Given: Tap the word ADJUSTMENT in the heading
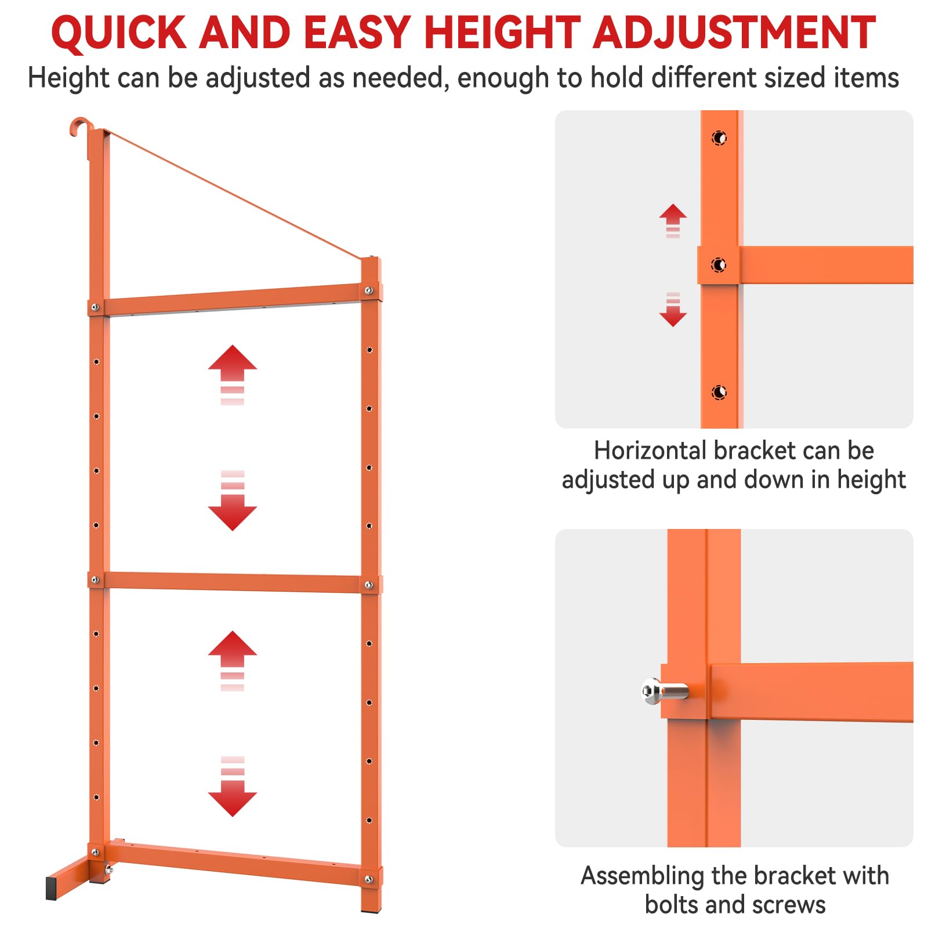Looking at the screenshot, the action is [734, 32].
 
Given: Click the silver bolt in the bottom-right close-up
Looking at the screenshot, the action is [665, 691].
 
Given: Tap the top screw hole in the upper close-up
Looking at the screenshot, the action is [719, 138].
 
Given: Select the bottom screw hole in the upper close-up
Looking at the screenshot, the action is [719, 393].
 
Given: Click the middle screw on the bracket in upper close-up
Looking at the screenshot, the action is [719, 265].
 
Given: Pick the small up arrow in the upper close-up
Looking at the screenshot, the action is [673, 220].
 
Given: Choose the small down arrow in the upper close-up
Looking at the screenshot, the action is [673, 310].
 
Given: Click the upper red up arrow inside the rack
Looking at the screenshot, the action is [233, 375].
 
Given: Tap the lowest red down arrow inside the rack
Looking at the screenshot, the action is [233, 786].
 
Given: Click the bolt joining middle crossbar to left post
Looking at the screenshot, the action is [95, 580].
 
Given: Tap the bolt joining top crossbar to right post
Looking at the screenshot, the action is [368, 290].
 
